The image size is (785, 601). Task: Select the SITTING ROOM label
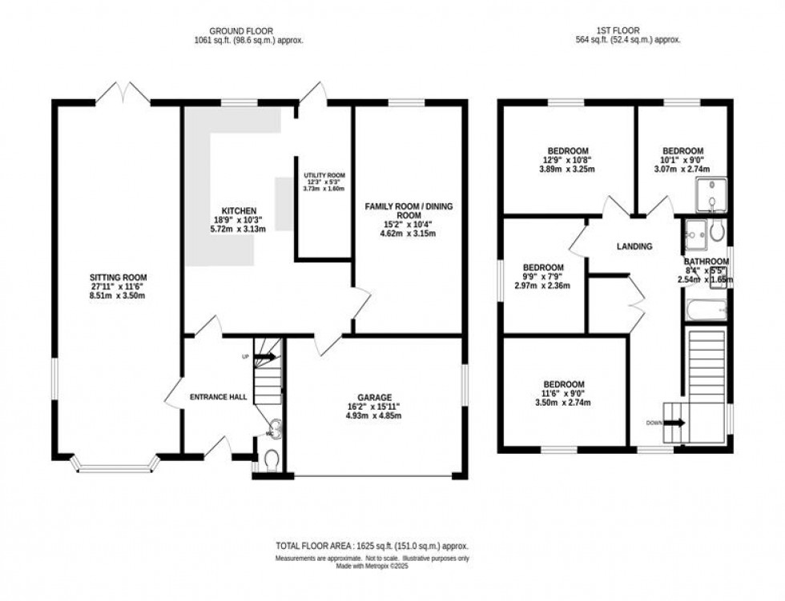[117, 278]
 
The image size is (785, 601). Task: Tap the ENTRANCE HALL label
[218, 397]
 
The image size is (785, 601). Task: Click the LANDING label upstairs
[634, 246]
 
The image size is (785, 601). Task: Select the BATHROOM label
[706, 262]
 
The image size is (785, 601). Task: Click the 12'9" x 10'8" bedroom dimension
[568, 160]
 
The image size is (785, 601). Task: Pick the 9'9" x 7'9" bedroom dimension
[542, 277]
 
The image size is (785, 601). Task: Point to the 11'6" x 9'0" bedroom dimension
[564, 394]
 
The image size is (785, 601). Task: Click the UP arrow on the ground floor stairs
[267, 357]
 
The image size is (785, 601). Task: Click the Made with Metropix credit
[373, 566]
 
